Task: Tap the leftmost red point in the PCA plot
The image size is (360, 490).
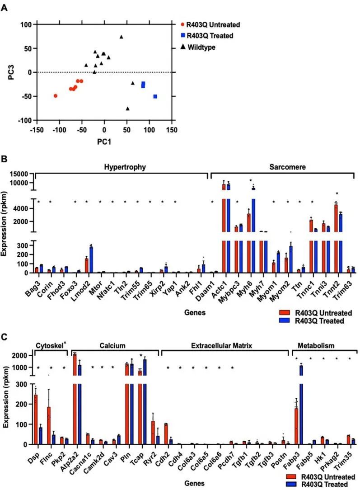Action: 56,96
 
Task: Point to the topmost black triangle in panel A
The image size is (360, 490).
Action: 121,37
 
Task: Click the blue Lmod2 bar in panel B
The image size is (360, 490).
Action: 91,259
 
